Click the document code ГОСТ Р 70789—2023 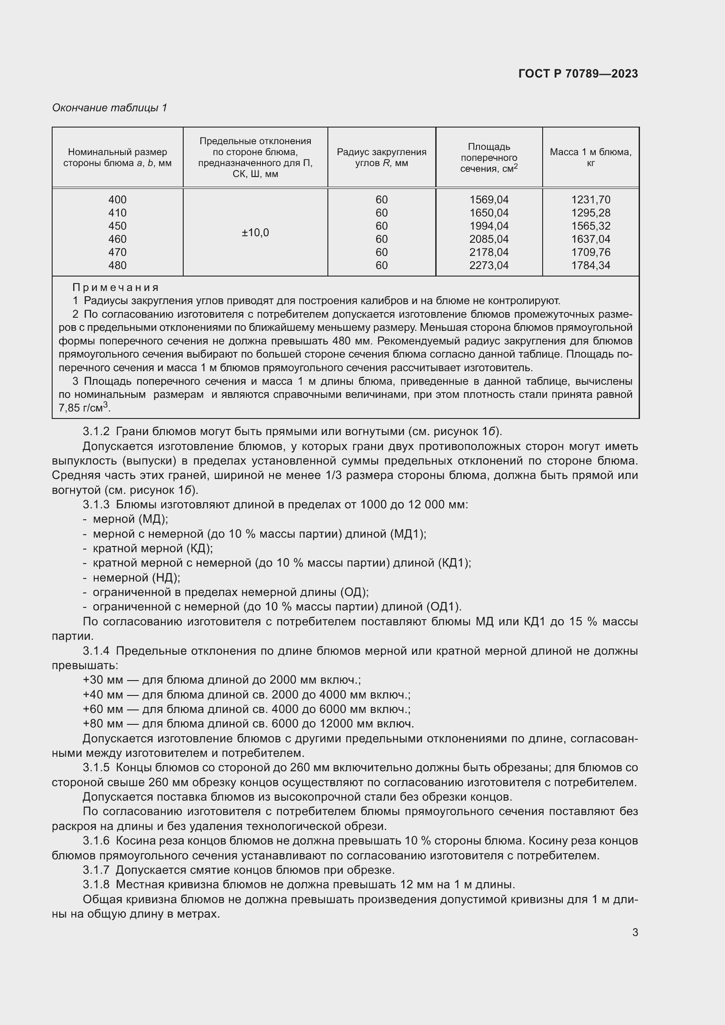578,74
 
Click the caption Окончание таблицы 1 110,108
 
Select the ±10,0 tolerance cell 256,233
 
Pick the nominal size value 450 117,226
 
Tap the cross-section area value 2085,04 489,239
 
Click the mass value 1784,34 590,265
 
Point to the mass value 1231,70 590,199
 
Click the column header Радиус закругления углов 381,157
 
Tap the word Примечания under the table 116,287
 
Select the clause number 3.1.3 96,504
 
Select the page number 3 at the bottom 635,932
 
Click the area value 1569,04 489,199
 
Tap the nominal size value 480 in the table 117,265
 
